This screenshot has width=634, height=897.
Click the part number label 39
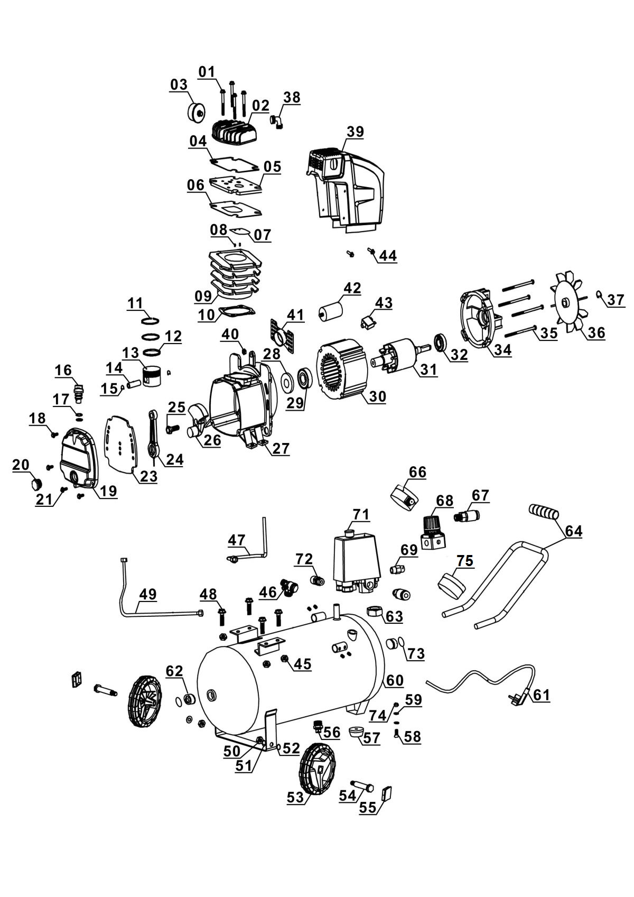coord(355,132)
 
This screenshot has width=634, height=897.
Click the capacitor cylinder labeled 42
coord(330,309)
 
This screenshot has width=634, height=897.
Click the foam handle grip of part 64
coord(544,512)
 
